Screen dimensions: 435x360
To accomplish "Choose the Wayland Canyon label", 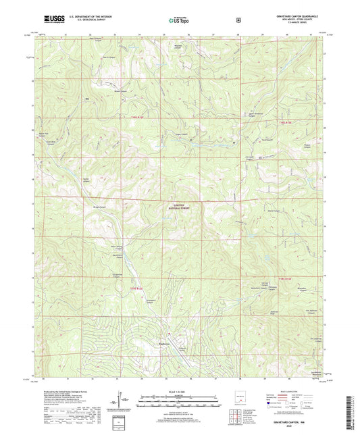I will click(x=178, y=47).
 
